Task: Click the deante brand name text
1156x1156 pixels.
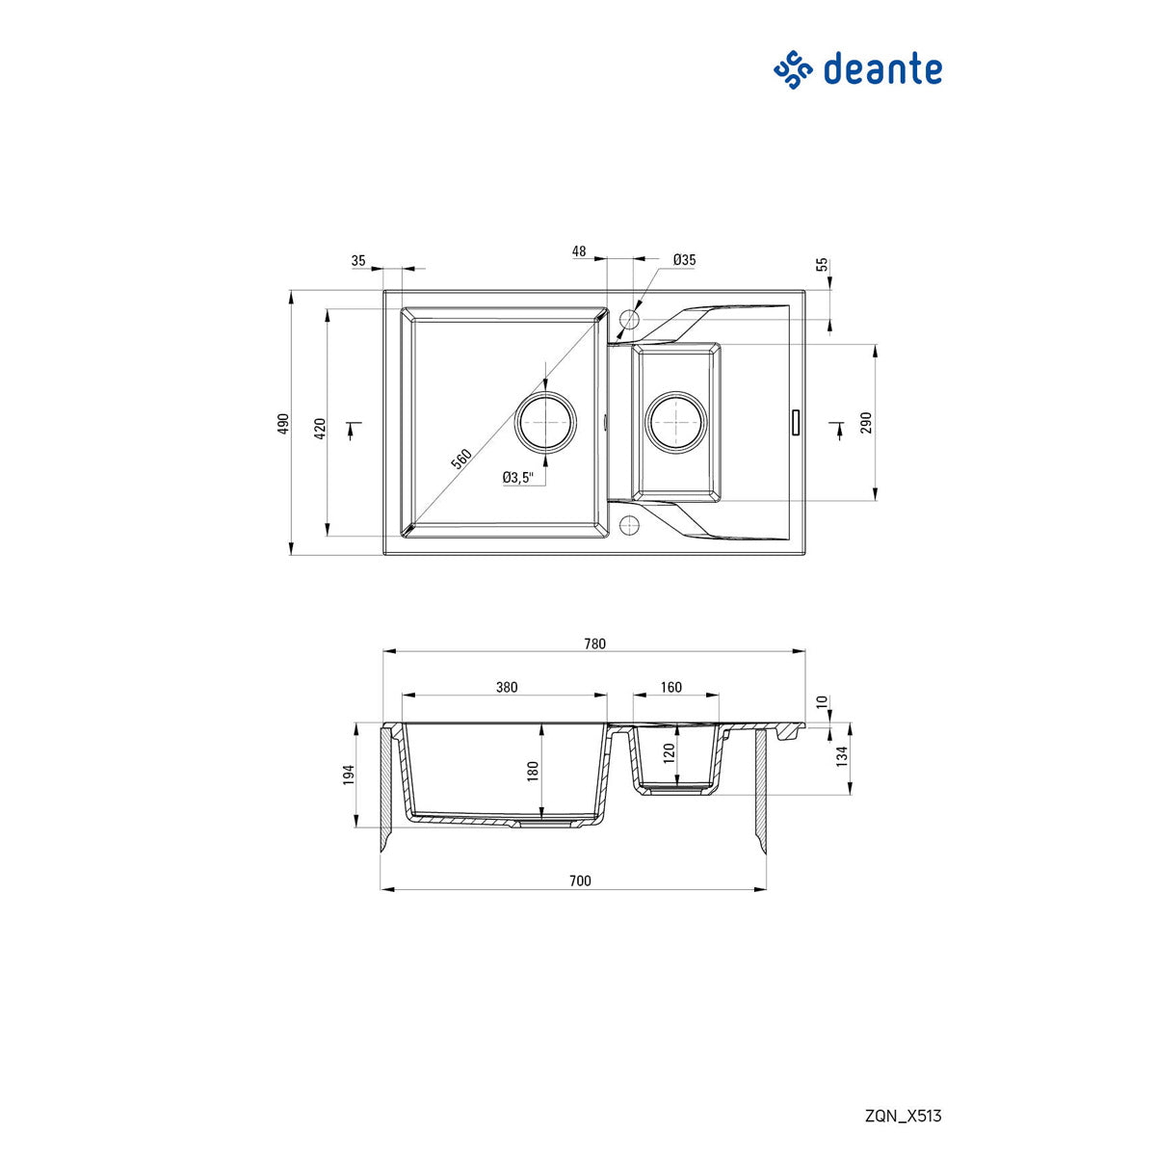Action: [881, 69]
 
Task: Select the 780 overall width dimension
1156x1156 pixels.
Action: [594, 644]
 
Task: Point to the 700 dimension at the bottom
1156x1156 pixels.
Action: [579, 880]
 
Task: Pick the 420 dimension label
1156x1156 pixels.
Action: [320, 428]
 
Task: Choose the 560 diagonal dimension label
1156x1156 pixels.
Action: [460, 459]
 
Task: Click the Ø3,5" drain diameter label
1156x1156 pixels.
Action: [518, 477]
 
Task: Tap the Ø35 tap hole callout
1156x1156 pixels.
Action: [684, 260]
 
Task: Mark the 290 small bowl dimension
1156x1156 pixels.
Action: [865, 422]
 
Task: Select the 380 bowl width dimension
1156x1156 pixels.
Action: [507, 687]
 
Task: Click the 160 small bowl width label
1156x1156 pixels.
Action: [671, 687]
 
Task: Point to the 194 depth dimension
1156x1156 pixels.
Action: [349, 774]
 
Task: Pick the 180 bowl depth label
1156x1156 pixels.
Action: [532, 771]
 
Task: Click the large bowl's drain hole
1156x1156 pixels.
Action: [546, 421]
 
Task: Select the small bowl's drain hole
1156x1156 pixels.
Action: [676, 421]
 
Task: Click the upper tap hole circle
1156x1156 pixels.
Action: [631, 318]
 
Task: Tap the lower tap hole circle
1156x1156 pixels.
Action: [631, 525]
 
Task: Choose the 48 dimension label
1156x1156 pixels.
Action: [579, 251]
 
